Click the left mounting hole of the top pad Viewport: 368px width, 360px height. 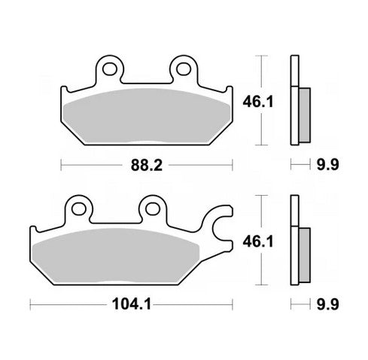109,70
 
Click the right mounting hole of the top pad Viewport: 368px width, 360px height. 181,70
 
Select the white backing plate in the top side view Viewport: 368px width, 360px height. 294,102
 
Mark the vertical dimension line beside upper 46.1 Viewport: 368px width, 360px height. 260,99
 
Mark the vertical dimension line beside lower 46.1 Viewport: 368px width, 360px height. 260,241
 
